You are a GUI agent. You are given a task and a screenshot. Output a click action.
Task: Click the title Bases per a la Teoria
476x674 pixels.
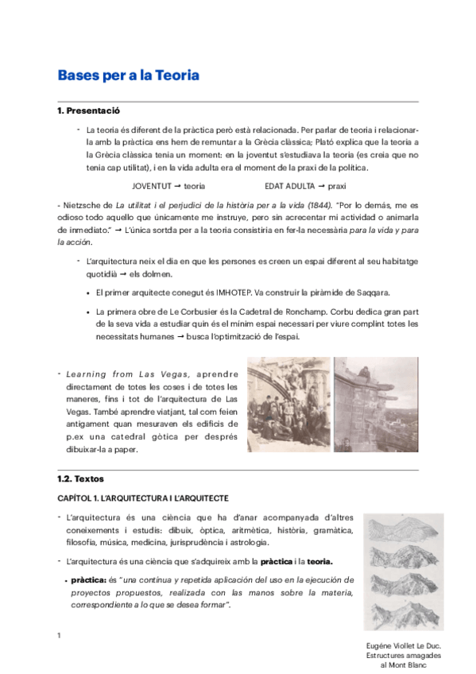pos(128,76)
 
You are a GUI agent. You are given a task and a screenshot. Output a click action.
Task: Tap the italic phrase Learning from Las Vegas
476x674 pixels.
pos(135,374)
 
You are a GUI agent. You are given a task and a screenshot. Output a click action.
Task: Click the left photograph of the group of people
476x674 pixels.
pos(288,405)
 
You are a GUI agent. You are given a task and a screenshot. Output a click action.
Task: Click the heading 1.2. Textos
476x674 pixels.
pos(80,479)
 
